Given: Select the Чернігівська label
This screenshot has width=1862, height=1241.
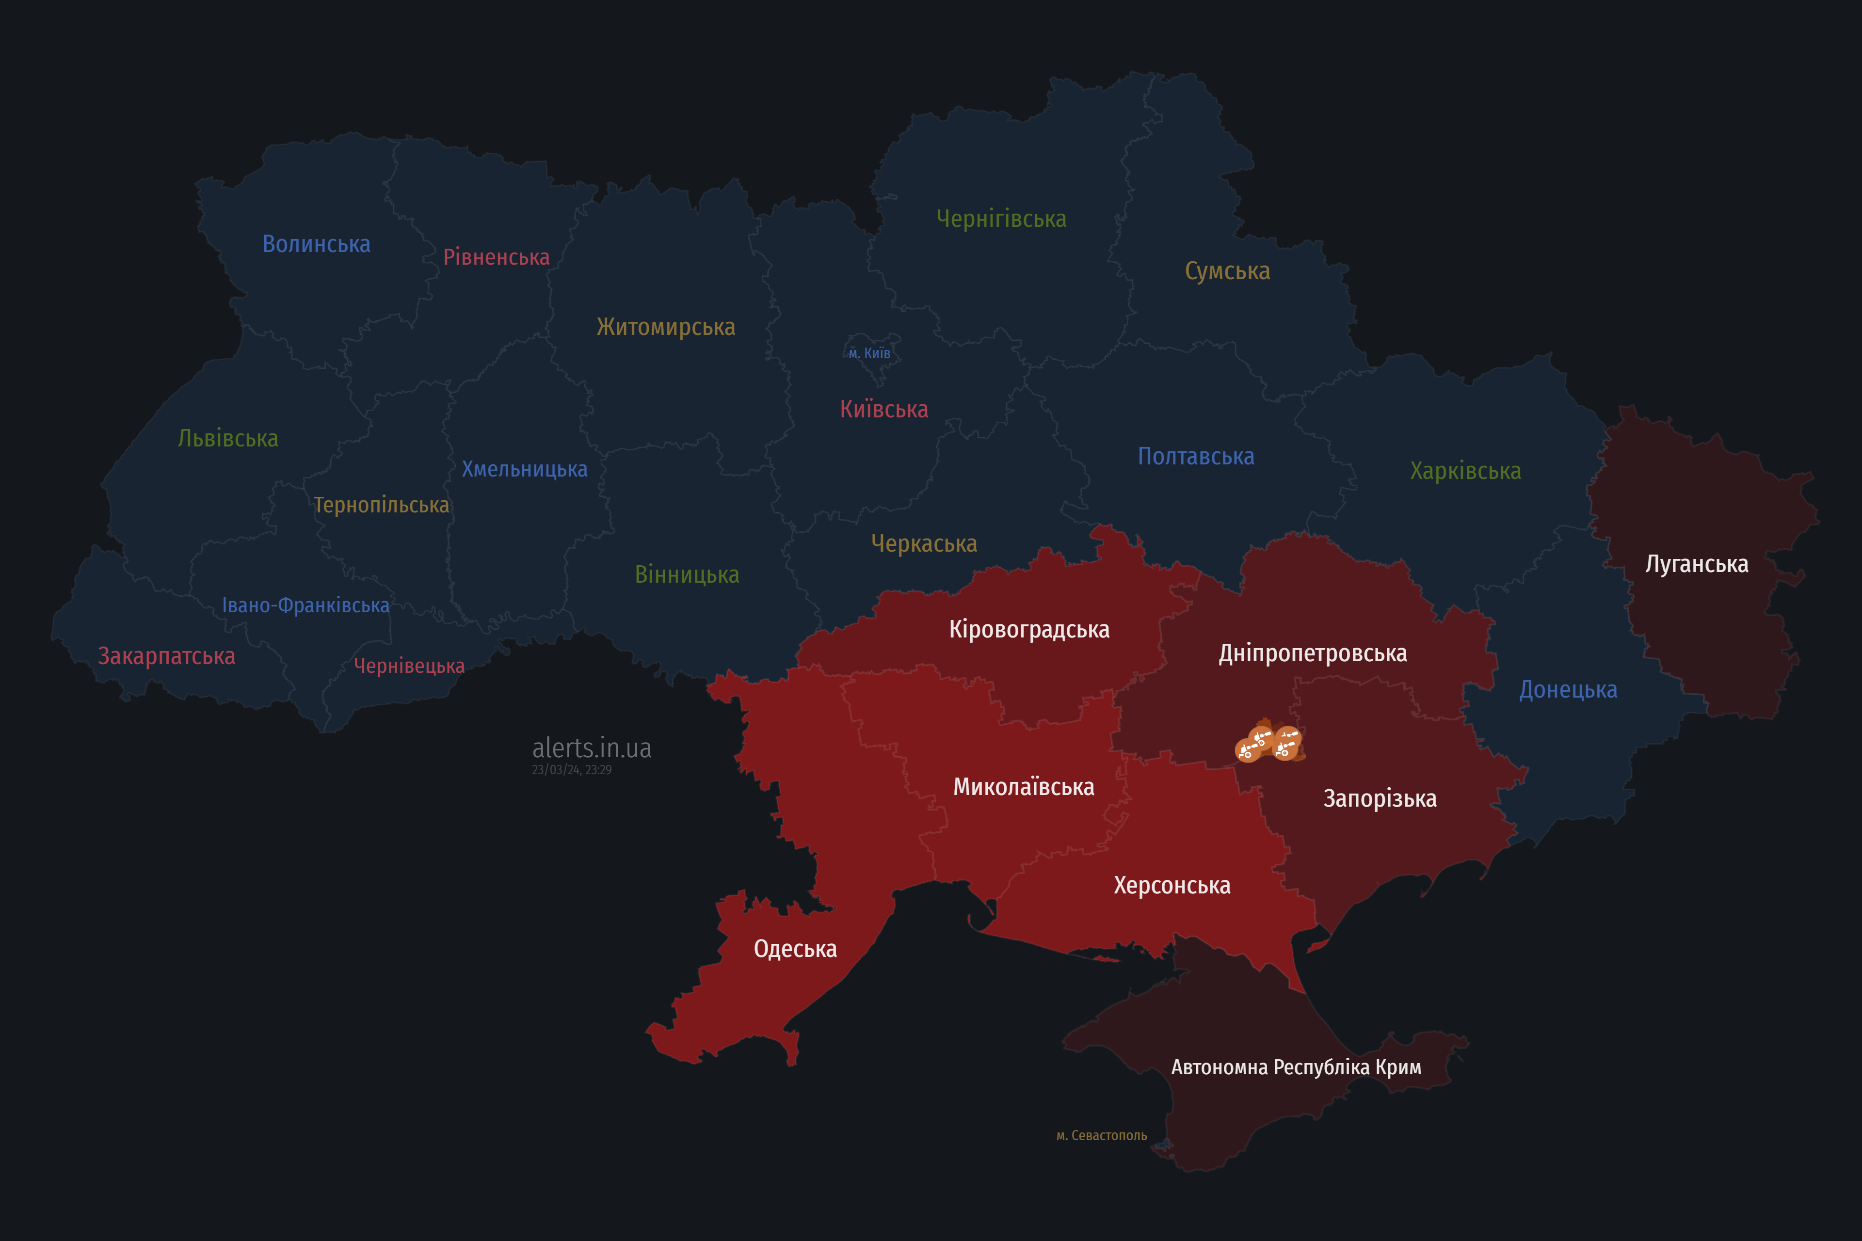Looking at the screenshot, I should tap(1001, 219).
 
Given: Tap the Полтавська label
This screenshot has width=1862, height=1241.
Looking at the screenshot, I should tap(1195, 457).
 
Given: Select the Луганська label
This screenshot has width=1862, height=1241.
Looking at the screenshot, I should tap(1697, 564).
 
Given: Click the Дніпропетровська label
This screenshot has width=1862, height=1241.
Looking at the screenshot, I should tap(1312, 654).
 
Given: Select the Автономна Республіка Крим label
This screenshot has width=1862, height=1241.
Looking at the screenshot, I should tap(1296, 1067).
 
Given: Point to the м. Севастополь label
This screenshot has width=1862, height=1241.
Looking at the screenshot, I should tap(1101, 1136).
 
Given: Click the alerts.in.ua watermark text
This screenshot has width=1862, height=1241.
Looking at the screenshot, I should tap(592, 748).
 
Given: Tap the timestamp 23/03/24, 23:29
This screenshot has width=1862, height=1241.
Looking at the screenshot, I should tap(572, 770).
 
